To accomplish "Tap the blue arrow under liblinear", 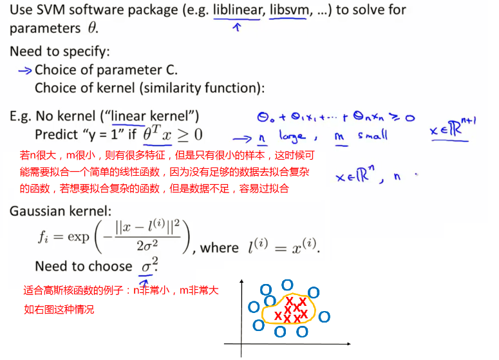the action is point(236,28).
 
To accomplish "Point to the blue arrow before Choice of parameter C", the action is point(24,70).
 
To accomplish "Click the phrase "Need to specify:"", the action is point(59,52).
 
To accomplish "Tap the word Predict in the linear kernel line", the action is point(57,135).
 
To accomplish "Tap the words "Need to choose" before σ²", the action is point(84,266).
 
